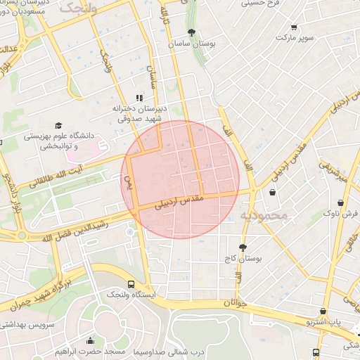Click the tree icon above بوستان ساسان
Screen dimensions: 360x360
tap(191, 32)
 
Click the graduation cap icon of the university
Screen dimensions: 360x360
tap(58, 124)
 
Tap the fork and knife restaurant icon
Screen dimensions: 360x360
tap(139, 98)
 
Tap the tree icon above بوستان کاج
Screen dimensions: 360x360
tap(243, 247)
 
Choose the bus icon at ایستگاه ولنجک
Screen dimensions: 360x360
tap(131, 284)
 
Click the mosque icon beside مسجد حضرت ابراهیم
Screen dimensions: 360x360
tap(90, 342)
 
